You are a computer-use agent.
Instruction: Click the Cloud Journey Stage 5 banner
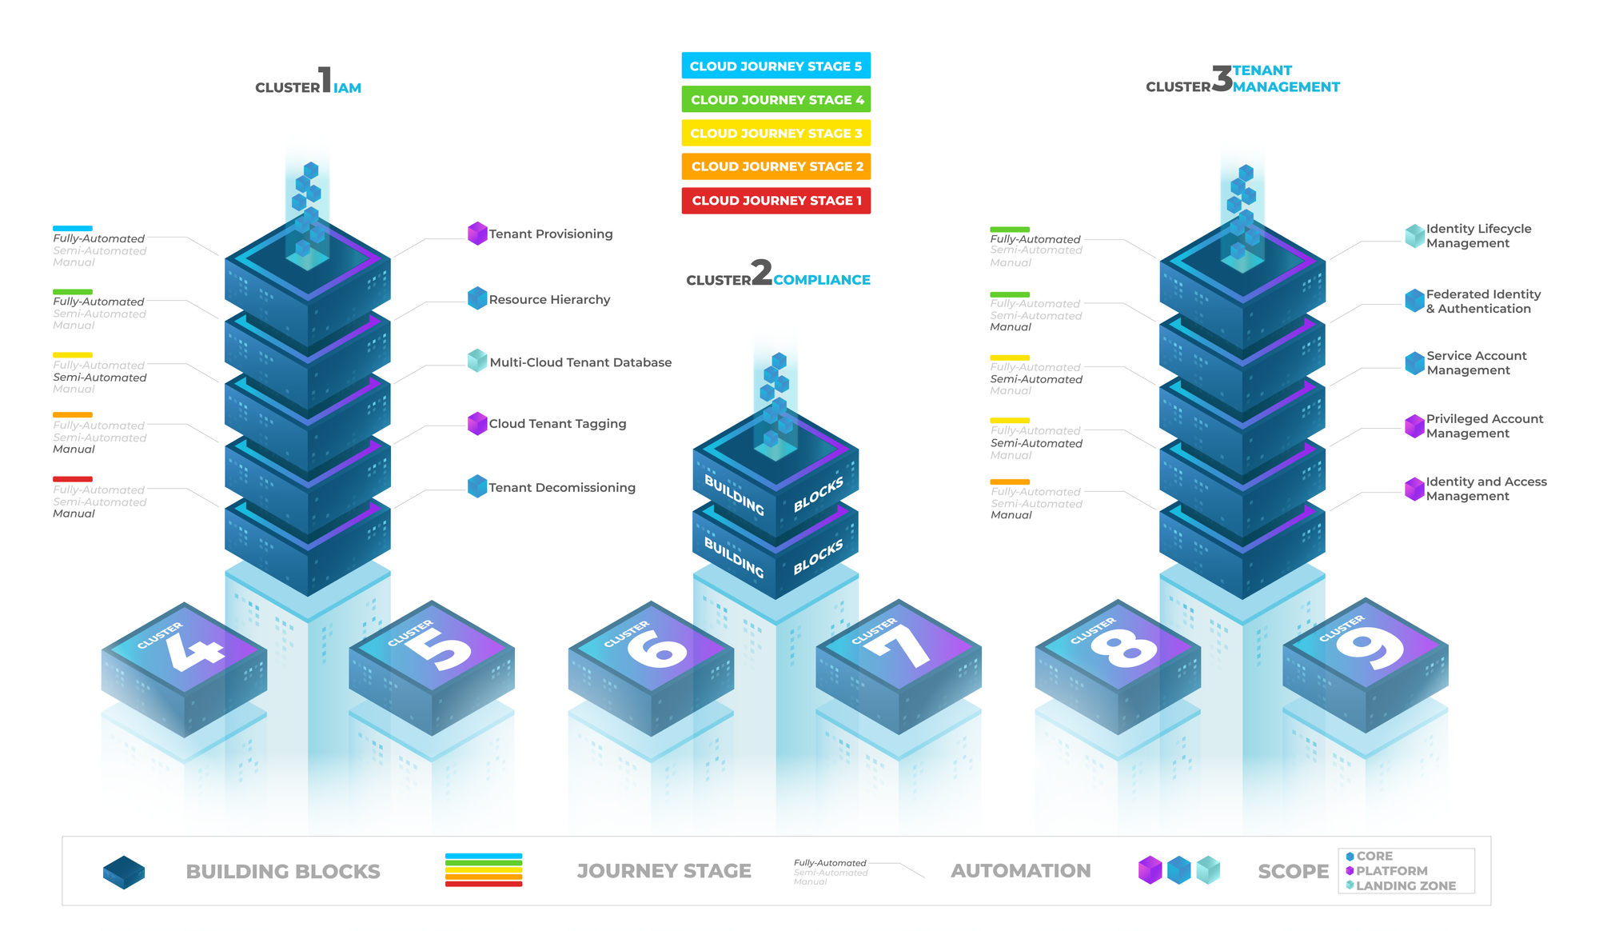coord(776,66)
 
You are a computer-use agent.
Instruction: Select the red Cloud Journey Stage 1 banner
coord(776,200)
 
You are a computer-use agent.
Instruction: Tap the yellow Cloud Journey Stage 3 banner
coord(776,133)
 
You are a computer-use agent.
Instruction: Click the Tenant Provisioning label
coord(551,234)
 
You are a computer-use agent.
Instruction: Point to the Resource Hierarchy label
coord(549,299)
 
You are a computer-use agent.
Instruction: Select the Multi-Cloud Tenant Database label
coord(580,362)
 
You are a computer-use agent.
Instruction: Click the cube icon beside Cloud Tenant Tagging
coord(477,423)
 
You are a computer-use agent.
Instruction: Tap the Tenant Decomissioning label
coord(562,487)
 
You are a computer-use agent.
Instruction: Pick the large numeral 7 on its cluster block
coord(903,646)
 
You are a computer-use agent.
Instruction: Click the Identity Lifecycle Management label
coord(1478,236)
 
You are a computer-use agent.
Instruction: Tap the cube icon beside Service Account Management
coord(1414,363)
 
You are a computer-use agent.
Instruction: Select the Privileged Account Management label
coord(1484,426)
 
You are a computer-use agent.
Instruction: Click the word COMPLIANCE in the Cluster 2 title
coord(821,280)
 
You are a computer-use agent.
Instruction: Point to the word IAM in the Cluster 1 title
coord(347,88)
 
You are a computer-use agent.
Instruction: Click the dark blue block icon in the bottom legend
coord(124,872)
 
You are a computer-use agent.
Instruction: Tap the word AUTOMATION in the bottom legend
coord(1020,871)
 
